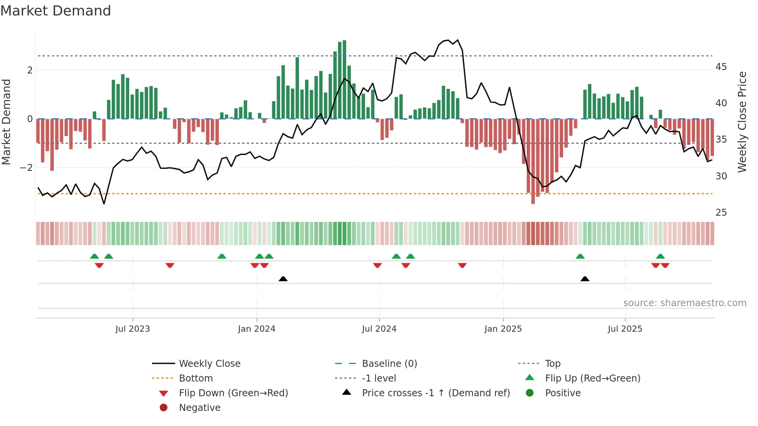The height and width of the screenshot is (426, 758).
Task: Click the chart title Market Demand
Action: pyautogui.click(x=56, y=11)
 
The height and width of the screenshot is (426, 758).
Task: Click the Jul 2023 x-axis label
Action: pyautogui.click(x=133, y=329)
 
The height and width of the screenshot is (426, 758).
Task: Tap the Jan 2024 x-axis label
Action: pyautogui.click(x=256, y=329)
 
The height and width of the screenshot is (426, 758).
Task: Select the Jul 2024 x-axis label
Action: pyautogui.click(x=379, y=329)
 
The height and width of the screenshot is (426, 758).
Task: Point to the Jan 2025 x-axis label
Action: pyautogui.click(x=503, y=329)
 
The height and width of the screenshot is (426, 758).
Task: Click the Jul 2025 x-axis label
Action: pyautogui.click(x=625, y=329)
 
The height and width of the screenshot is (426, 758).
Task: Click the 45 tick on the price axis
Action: pyautogui.click(x=721, y=67)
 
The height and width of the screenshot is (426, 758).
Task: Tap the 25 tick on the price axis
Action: pyautogui.click(x=721, y=213)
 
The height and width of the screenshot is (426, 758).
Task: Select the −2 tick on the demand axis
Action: pyautogui.click(x=26, y=168)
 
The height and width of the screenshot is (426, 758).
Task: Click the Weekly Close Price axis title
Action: pyautogui.click(x=742, y=122)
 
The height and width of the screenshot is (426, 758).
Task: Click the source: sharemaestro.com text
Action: pyautogui.click(x=685, y=303)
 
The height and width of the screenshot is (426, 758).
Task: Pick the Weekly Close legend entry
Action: pyautogui.click(x=209, y=364)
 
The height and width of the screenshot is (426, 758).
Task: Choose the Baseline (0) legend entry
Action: pyautogui.click(x=389, y=364)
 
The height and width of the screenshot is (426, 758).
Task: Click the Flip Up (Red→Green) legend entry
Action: pyautogui.click(x=592, y=378)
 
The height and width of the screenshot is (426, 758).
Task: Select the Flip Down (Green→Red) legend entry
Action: pyautogui.click(x=233, y=393)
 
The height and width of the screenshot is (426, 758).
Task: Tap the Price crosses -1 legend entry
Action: pyautogui.click(x=435, y=393)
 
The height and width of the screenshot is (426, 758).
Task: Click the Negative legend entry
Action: pyautogui.click(x=200, y=408)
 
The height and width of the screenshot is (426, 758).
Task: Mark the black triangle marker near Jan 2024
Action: pyautogui.click(x=283, y=279)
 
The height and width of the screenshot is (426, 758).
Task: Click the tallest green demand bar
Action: pyautogui.click(x=344, y=79)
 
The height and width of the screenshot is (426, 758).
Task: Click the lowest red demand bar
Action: pyautogui.click(x=533, y=161)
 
